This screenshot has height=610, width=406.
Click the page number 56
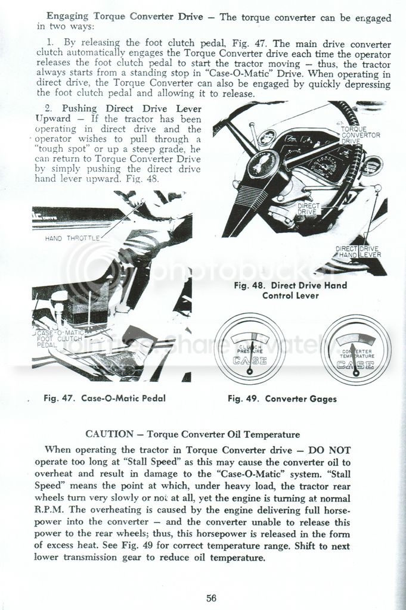[211, 597]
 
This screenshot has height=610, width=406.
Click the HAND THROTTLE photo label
[72, 238]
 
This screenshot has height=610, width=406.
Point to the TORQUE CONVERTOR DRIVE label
[360, 135]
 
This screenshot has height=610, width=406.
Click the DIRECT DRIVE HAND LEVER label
[358, 252]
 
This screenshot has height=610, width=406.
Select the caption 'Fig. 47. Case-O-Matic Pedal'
[104, 399]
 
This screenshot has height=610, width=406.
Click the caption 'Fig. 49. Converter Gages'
[282, 399]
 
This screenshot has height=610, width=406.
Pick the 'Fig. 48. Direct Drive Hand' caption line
[290, 285]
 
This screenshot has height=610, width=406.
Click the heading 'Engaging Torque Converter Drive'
[125, 16]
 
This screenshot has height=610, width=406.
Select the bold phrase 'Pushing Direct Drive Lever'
[132, 108]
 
